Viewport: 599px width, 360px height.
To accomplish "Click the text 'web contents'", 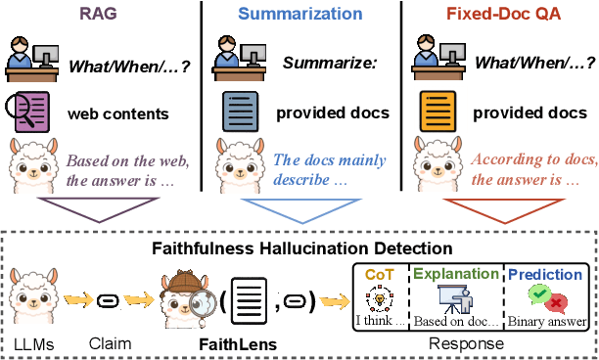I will [118, 113].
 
